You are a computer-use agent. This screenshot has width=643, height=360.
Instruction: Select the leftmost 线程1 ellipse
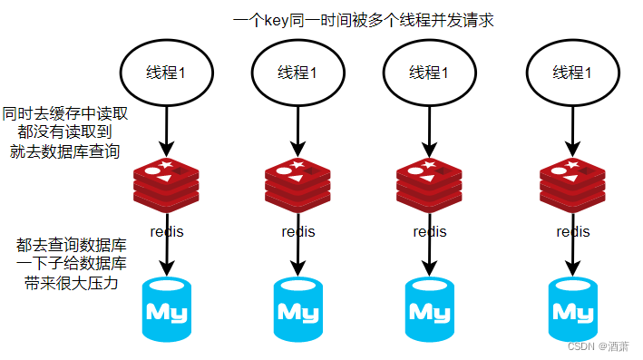tap(166, 73)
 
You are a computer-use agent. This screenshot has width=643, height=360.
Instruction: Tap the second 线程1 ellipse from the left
tap(297, 73)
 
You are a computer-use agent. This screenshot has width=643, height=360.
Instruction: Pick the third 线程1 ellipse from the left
tap(429, 73)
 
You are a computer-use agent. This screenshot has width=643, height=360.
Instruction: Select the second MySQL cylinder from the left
tap(298, 309)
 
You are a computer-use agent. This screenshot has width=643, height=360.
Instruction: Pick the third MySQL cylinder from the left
tap(429, 309)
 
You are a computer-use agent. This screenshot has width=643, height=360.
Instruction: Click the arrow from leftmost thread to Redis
tap(166, 129)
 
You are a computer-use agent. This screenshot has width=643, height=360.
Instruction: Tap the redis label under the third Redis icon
tap(429, 231)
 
